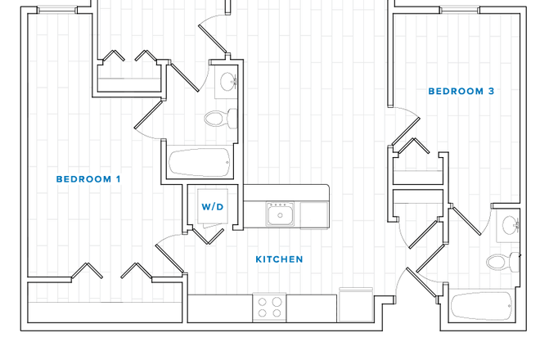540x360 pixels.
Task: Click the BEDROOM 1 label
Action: coord(88,179)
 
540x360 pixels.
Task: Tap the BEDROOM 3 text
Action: coord(461,92)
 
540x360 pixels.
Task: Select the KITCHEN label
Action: coord(279,259)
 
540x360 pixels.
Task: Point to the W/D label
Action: coord(213,207)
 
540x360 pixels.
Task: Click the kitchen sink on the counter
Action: coord(281,215)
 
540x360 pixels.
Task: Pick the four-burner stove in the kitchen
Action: coord(270,308)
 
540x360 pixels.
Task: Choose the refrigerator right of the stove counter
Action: coord(355,304)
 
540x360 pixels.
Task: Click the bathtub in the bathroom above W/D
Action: coord(200,162)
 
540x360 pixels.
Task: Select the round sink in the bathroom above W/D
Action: coord(227,82)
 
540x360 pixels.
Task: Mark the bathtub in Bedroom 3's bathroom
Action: coord(481,308)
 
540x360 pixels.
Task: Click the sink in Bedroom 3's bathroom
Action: coord(510,225)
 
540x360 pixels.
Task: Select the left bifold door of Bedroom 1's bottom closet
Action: coord(85,272)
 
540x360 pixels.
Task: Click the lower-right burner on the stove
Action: coord(277,313)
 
